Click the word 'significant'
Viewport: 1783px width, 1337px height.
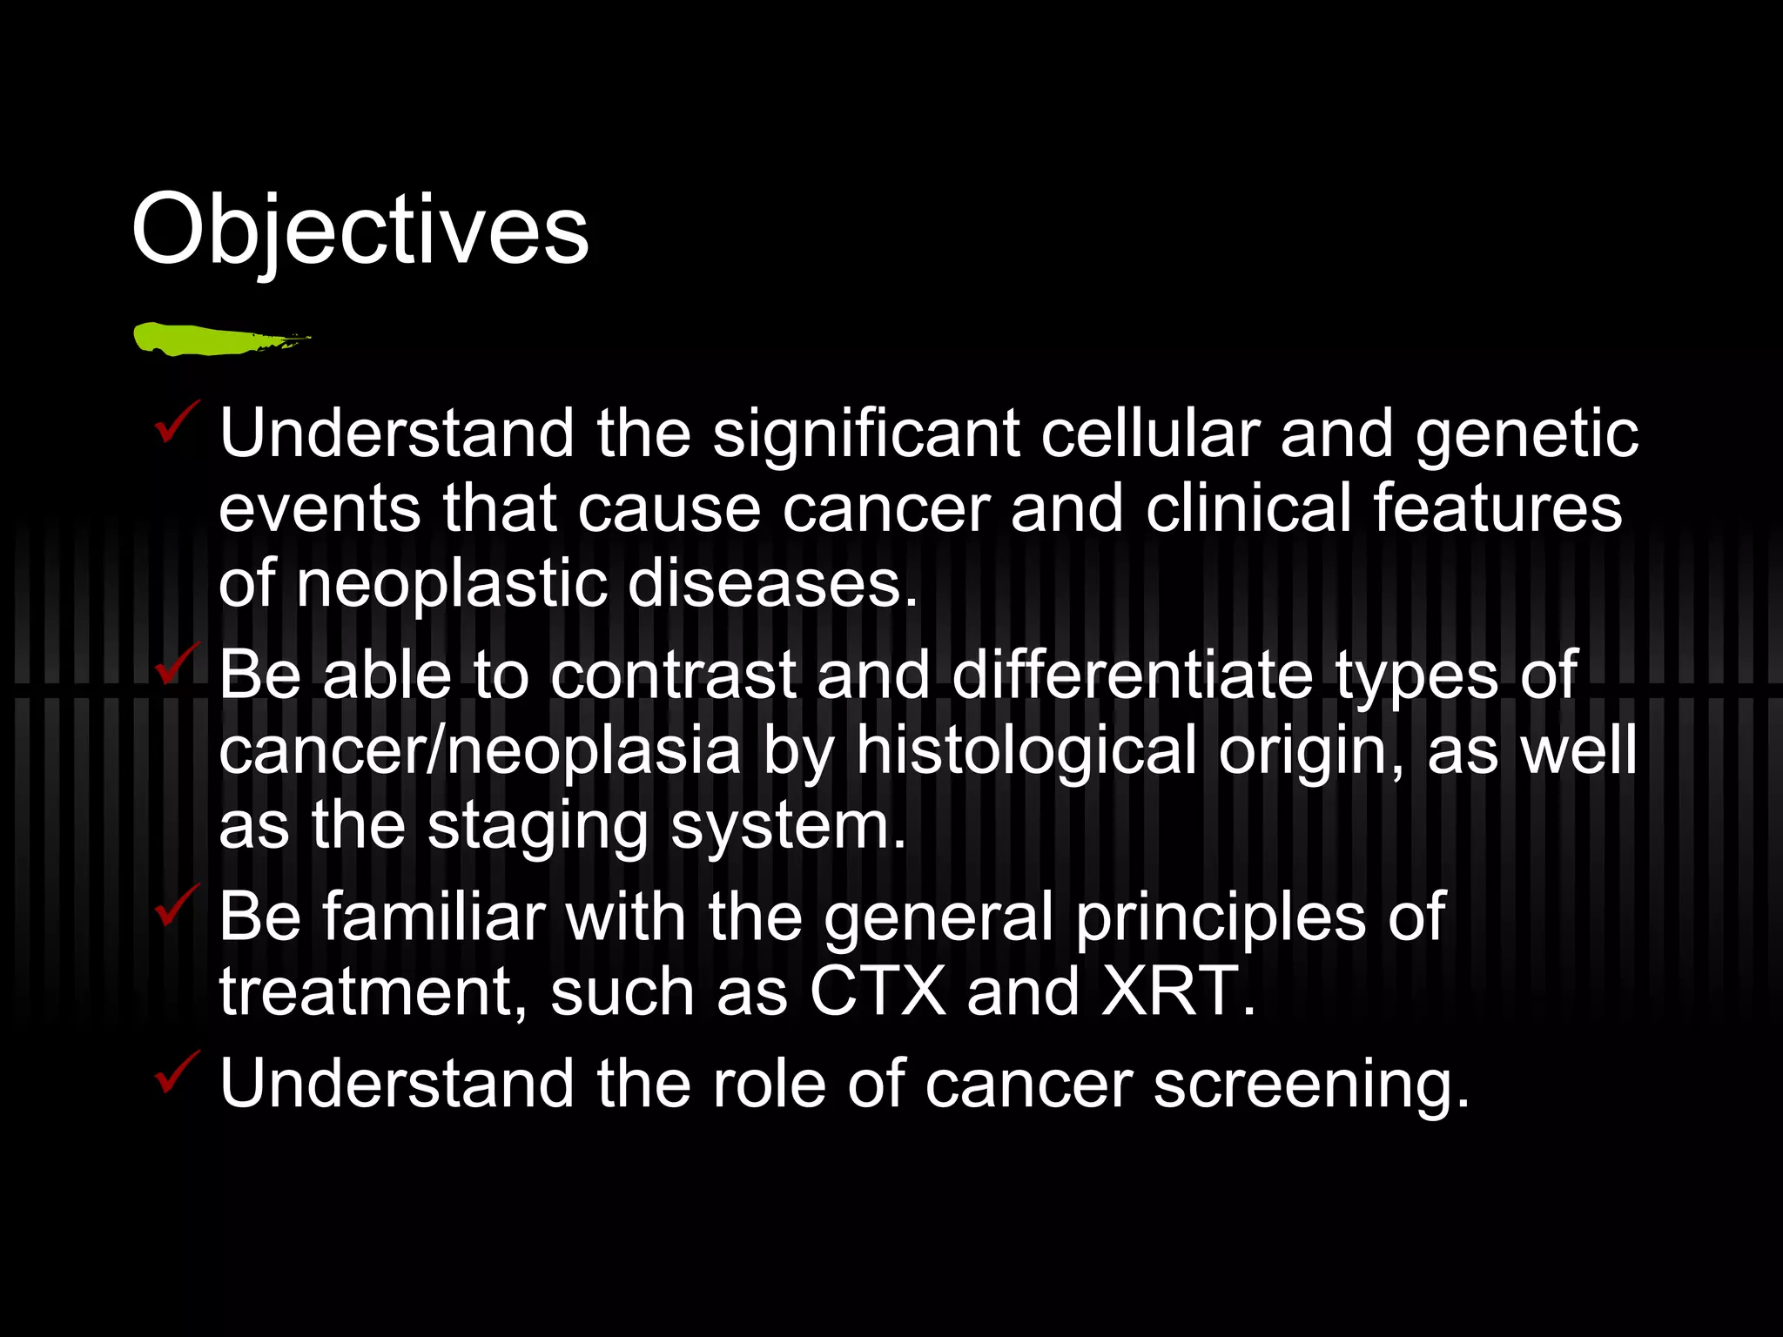click(866, 433)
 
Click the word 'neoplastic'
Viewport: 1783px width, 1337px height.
click(450, 584)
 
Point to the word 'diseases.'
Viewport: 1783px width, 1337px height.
click(772, 584)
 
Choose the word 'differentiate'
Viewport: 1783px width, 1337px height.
click(1132, 675)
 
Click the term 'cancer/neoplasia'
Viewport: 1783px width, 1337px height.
click(479, 750)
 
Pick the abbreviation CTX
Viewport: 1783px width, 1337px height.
click(877, 991)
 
